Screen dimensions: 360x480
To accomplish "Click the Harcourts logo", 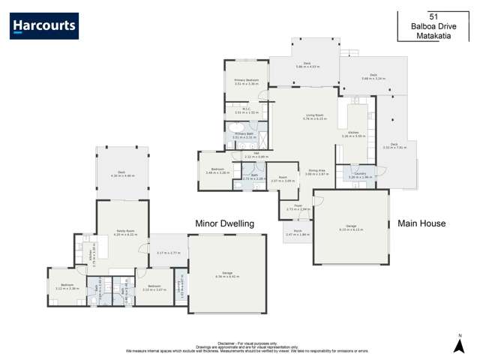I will coord(44,26).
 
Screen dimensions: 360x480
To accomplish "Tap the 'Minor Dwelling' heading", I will coord(225,223).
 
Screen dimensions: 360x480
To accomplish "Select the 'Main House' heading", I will coord(421,223).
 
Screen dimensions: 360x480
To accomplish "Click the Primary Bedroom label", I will coord(247,80).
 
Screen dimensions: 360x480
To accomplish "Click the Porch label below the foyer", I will coord(297,232).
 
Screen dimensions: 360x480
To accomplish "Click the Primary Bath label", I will coord(244,135).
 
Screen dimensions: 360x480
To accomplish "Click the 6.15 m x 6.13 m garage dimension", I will coord(351,228).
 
